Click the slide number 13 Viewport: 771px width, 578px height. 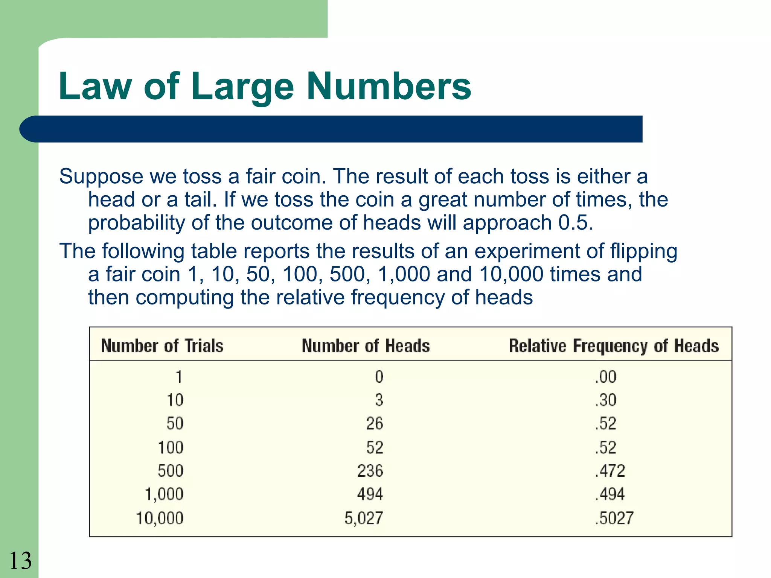[20, 561]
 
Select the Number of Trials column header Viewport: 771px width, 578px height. [162, 346]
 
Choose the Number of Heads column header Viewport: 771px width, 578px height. [366, 346]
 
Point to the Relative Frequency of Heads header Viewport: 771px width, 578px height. [614, 346]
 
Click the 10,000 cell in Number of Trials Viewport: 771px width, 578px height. [160, 518]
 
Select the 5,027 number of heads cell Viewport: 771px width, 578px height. [364, 518]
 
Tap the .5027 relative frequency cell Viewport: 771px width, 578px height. [614, 518]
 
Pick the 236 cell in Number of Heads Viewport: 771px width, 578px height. [370, 471]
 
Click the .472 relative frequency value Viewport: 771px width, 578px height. [610, 471]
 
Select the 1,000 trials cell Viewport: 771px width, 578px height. [164, 494]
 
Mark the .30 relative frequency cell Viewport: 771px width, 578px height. [605, 400]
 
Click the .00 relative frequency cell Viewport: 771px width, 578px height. [605, 377]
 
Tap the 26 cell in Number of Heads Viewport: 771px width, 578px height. [375, 424]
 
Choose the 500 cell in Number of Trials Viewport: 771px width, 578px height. [171, 471]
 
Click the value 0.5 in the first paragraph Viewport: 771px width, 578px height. [575, 223]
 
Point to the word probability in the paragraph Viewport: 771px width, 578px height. [136, 223]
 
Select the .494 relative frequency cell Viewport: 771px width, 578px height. [610, 494]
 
